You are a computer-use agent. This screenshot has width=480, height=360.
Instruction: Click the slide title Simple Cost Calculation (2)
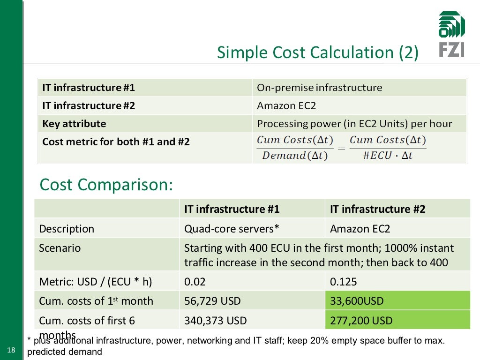tap(317, 52)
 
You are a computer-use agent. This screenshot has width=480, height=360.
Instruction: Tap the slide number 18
tap(11, 350)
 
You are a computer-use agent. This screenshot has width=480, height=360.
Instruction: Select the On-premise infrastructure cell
tap(319, 88)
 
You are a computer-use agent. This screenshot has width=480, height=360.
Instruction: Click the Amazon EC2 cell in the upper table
tap(286, 105)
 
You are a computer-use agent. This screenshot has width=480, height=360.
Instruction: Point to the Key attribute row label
tap(74, 124)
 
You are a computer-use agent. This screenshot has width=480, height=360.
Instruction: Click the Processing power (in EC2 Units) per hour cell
tap(354, 124)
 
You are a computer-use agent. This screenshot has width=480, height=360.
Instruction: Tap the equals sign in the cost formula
tap(341, 148)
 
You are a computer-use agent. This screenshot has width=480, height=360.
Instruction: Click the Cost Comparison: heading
tap(106, 185)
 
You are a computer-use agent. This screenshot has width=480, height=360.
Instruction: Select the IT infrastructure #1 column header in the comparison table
tap(232, 209)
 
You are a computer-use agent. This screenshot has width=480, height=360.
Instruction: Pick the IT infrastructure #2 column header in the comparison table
tap(377, 209)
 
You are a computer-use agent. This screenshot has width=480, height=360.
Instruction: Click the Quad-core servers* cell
tap(232, 229)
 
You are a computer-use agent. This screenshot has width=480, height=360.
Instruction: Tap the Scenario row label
tap(60, 248)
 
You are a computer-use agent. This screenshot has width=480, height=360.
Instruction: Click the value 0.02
tap(195, 282)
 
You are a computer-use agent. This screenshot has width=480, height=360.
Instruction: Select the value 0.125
tap(343, 282)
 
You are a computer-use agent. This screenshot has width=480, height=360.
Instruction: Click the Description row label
tap(67, 229)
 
